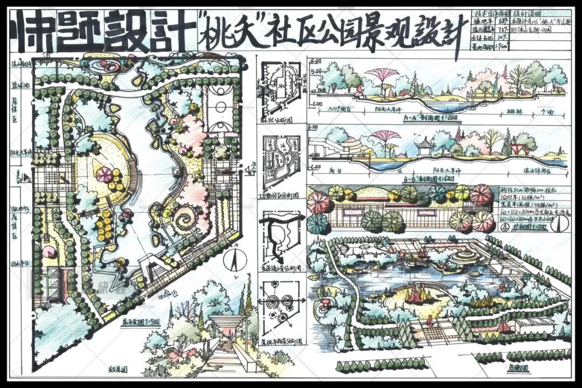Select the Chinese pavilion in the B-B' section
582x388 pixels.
(x=425, y=145)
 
